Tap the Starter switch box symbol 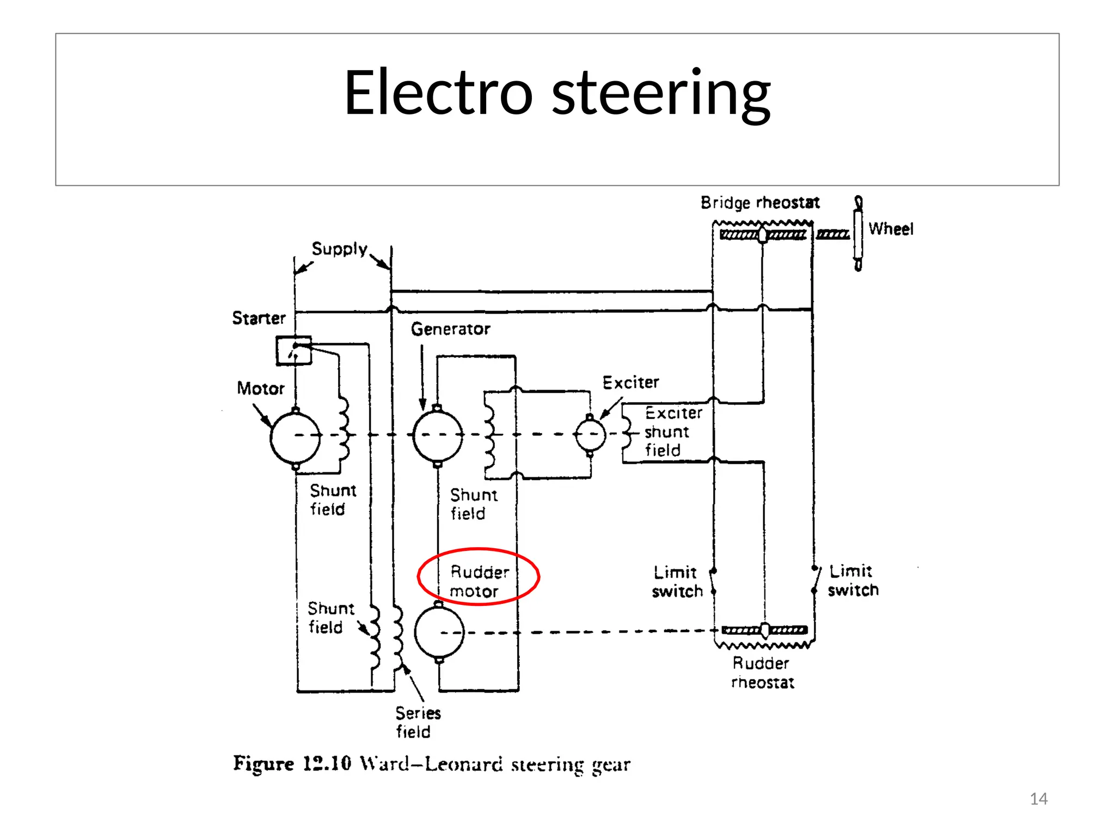tap(293, 350)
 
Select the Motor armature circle tap(296, 438)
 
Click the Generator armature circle tap(438, 436)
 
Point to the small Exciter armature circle tap(590, 434)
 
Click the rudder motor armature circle tap(439, 633)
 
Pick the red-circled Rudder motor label tap(479, 581)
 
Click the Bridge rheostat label tap(759, 203)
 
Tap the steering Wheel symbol tap(858, 233)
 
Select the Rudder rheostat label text tap(762, 672)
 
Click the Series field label tap(417, 722)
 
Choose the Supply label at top tap(339, 249)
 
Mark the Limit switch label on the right tap(853, 581)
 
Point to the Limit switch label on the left tap(677, 581)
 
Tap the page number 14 tap(1038, 799)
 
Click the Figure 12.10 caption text tap(432, 764)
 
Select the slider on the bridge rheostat tap(763, 235)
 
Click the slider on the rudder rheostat tap(765, 630)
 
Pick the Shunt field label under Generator tap(473, 504)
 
